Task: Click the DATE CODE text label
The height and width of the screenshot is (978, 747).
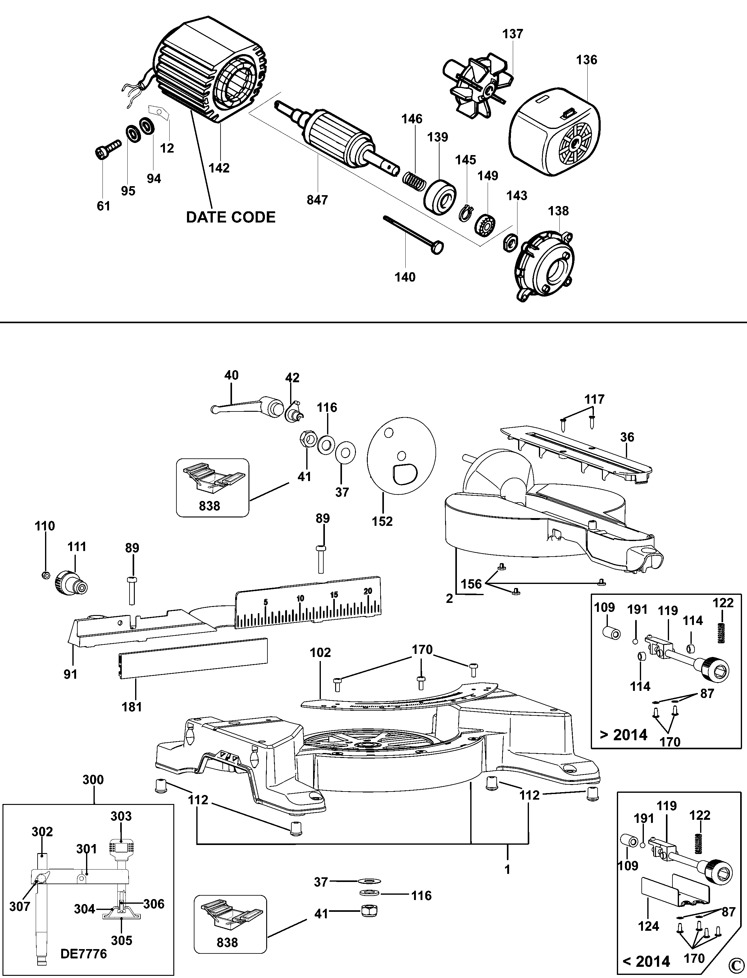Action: click(x=230, y=217)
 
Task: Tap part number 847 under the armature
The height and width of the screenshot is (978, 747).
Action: click(x=317, y=200)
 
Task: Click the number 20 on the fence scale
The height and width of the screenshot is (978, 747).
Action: click(x=367, y=591)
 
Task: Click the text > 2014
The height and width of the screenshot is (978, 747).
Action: click(x=623, y=735)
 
